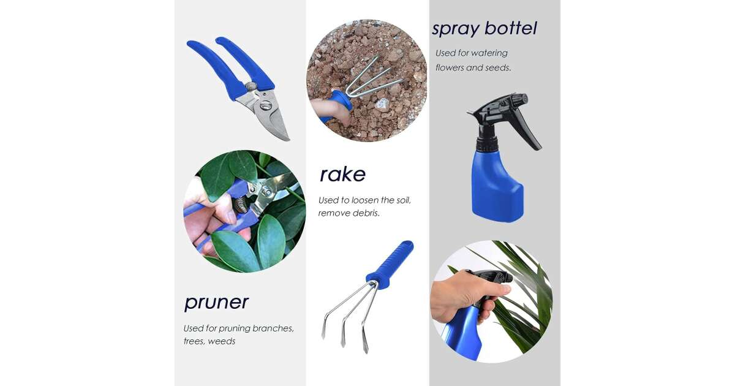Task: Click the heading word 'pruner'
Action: tap(216, 303)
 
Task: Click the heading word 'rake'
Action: tap(342, 175)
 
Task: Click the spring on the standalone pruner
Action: tap(251, 87)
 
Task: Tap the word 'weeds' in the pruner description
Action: tap(222, 341)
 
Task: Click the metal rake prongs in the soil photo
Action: tap(374, 79)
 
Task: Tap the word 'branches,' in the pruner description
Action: tap(273, 328)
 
